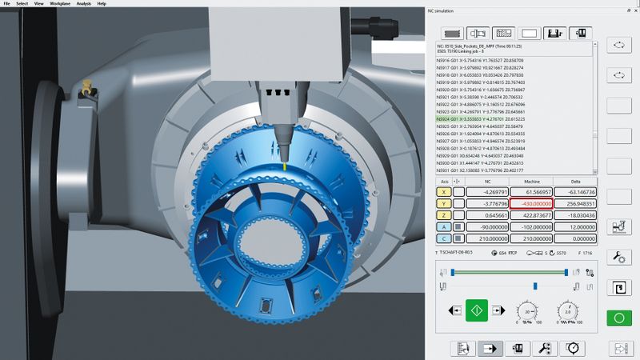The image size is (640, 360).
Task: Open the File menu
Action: pyautogui.click(x=7, y=4)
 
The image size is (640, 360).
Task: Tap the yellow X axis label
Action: pyautogui.click(x=442, y=192)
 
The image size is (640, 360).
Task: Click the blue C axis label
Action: pyautogui.click(x=442, y=238)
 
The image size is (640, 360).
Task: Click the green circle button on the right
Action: pyautogui.click(x=618, y=318)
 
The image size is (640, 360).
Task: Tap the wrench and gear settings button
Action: pyautogui.click(x=618, y=257)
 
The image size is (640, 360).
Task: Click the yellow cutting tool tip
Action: pyautogui.click(x=282, y=166)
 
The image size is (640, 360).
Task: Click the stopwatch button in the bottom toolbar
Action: pyautogui.click(x=572, y=348)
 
